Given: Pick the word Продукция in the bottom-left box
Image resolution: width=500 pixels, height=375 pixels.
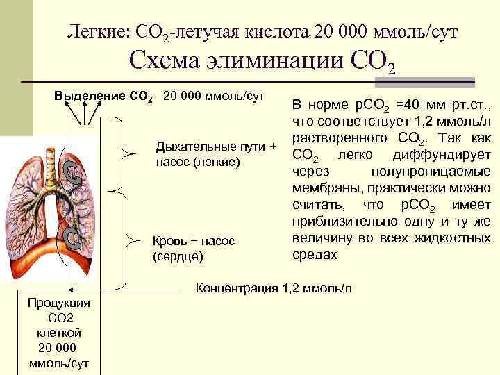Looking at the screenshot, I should [x=53, y=303].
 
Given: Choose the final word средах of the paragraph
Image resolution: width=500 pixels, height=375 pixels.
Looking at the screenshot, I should [x=315, y=254].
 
